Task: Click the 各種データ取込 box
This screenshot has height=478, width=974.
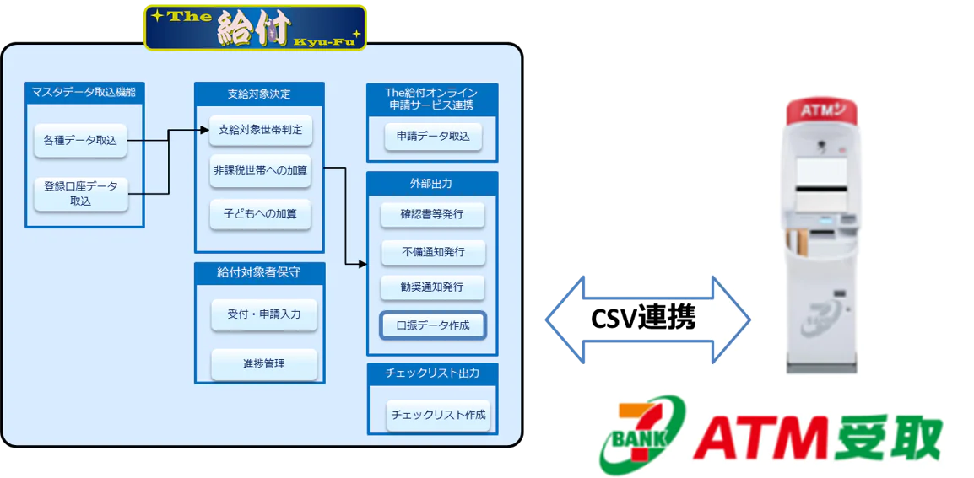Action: tap(80, 141)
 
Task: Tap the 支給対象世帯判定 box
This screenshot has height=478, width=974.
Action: tap(260, 130)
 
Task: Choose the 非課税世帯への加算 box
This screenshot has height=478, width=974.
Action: tap(260, 171)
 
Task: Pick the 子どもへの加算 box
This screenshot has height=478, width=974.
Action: tap(260, 214)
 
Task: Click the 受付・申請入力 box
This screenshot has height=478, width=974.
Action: tap(263, 314)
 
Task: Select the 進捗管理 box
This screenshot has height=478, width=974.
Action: tap(263, 364)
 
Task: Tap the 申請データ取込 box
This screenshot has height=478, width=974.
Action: tap(433, 136)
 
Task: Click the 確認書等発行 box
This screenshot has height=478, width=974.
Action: tap(432, 214)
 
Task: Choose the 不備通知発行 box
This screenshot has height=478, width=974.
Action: tap(432, 251)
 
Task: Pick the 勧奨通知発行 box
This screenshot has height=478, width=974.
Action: tap(432, 287)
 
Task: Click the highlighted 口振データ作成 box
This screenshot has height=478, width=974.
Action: tap(432, 325)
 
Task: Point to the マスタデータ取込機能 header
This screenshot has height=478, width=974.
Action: tap(84, 92)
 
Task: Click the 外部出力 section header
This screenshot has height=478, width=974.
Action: tap(432, 183)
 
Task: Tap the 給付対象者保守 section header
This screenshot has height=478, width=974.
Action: tap(258, 273)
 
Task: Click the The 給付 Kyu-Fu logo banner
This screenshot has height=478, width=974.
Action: tap(255, 27)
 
